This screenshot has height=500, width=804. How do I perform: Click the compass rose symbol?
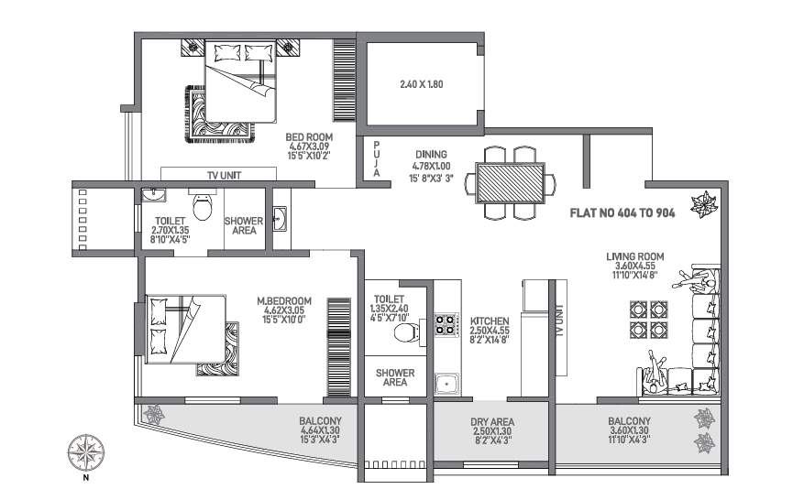click(85, 451)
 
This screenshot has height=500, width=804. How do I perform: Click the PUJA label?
click(376, 158)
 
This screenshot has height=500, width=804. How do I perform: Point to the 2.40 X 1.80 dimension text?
click(421, 84)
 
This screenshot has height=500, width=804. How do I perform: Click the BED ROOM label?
click(310, 136)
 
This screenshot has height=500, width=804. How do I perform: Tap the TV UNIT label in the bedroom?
click(217, 174)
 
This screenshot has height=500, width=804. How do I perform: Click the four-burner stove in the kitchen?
click(446, 324)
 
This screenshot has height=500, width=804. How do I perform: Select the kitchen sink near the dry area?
click(446, 383)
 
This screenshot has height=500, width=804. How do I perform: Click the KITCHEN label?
click(490, 321)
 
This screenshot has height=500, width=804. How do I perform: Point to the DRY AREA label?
click(492, 422)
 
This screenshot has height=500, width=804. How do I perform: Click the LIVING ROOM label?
click(634, 256)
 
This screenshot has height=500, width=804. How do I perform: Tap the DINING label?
click(430, 155)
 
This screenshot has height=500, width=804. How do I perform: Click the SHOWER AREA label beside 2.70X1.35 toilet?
click(244, 226)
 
